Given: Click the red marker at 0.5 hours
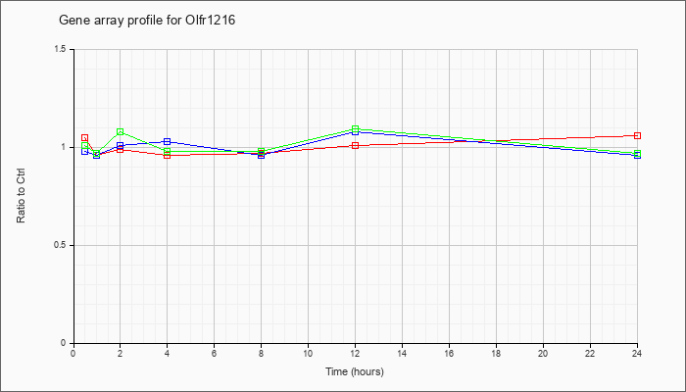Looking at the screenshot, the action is [x=85, y=138].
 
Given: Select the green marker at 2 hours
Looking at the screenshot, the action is [x=121, y=131].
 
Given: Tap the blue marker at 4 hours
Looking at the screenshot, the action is [x=168, y=141].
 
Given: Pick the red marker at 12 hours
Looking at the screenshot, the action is [x=355, y=145].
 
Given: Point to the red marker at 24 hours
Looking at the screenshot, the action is [x=637, y=135].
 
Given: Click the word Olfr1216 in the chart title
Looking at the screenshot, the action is [x=207, y=21].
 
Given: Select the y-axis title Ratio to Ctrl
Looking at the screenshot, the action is [x=21, y=196].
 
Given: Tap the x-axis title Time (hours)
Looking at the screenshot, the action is [x=355, y=371].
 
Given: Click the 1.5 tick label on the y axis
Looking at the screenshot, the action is [x=61, y=49].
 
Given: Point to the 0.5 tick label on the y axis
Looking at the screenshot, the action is [x=61, y=245].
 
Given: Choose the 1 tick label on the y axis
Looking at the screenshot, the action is [x=64, y=147].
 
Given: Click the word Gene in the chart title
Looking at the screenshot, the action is [x=72, y=21].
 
